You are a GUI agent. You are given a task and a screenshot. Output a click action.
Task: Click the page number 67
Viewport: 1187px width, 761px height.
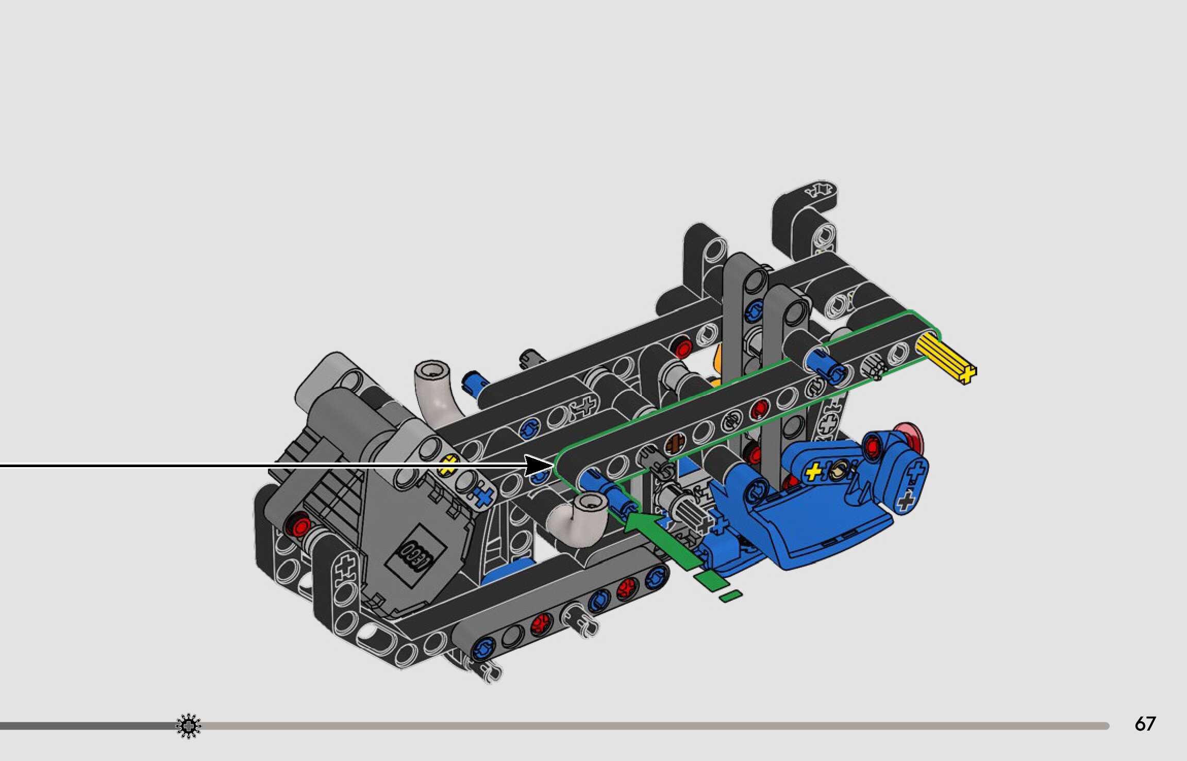(x=1145, y=724)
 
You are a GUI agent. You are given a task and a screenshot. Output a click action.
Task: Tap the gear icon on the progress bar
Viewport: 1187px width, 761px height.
(x=189, y=726)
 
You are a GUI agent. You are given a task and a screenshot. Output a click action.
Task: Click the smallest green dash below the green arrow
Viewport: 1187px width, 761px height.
(x=731, y=596)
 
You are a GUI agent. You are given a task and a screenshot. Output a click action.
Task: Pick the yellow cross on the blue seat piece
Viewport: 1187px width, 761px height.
(x=814, y=471)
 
